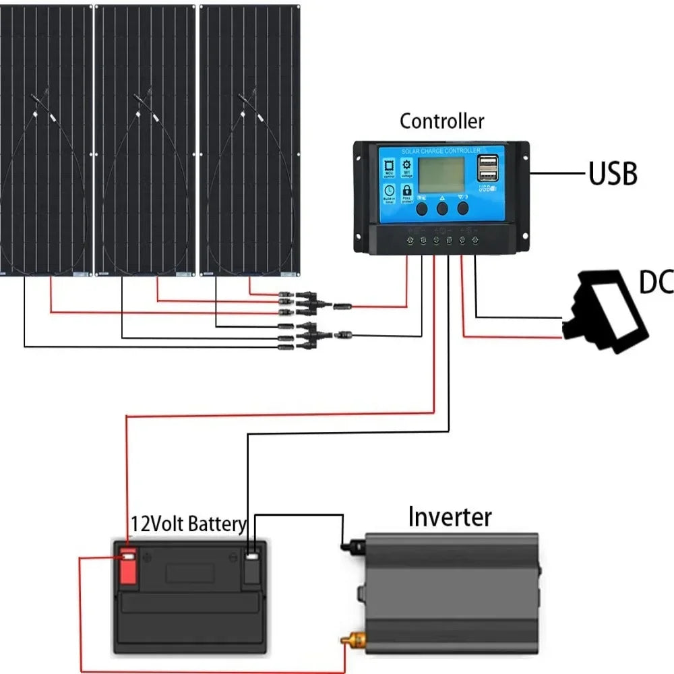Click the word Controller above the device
pos(441,122)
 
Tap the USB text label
pos(613,174)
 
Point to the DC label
pos(656,283)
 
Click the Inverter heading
pos(450,518)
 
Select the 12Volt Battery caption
pos(188,524)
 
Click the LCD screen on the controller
pos(441,174)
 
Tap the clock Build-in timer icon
pos(389,193)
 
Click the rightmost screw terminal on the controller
pos(476,240)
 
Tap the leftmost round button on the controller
pos(422,208)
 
